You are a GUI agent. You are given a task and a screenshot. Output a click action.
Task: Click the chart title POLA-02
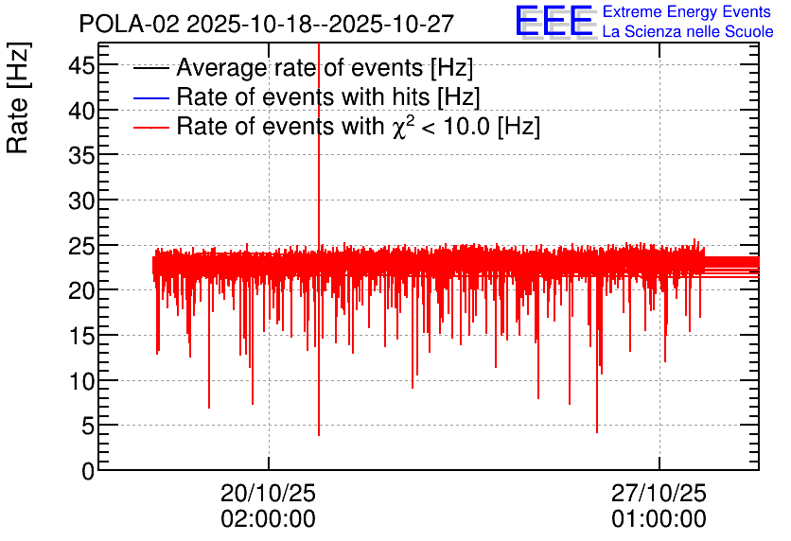266,23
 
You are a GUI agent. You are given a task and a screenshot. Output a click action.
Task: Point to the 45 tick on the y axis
81,65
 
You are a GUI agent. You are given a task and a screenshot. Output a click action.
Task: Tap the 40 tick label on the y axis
81,111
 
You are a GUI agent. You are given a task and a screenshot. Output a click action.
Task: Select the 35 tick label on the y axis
81,155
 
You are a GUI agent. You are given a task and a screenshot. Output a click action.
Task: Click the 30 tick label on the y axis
81,201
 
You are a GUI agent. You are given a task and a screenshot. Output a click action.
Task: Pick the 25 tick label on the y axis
81,246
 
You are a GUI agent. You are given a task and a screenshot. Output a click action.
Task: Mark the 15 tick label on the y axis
81,336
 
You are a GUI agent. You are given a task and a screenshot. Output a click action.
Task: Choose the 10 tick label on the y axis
81,381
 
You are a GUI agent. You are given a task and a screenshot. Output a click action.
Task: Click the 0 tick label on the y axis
88,471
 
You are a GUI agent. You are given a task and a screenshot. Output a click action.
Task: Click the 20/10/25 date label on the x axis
268,494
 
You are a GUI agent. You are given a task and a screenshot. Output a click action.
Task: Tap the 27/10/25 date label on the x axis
659,494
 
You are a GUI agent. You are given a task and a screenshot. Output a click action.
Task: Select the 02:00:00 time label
268,519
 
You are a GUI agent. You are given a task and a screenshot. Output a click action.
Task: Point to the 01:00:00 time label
659,519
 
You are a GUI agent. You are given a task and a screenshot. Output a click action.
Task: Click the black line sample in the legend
151,69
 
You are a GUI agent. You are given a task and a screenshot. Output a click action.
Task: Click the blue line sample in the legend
151,97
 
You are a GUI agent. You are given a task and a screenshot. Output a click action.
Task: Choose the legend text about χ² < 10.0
358,127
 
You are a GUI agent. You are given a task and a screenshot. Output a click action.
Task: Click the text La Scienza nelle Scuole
688,32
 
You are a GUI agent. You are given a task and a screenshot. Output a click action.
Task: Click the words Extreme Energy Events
688,12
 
